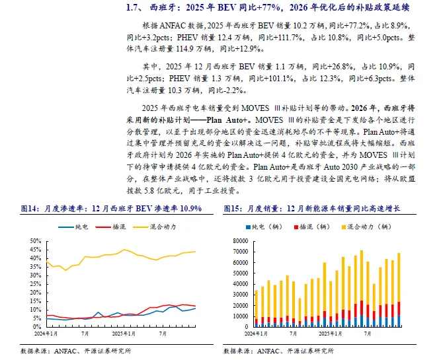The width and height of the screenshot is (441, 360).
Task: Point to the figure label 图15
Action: (x=233, y=209)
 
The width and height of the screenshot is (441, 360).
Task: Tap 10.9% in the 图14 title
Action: (x=188, y=209)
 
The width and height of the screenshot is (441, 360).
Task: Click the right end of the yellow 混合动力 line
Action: (x=195, y=252)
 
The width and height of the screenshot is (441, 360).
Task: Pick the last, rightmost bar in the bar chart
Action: (x=399, y=291)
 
